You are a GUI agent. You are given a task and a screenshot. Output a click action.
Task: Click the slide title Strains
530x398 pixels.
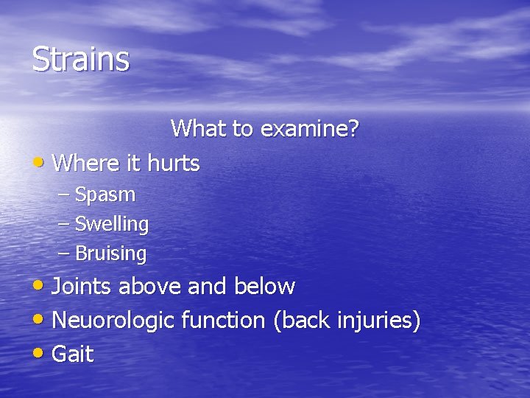coord(81,59)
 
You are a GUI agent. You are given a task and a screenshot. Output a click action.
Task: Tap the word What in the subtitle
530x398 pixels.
coord(199,129)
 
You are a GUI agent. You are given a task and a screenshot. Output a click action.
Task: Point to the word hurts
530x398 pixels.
coord(174,163)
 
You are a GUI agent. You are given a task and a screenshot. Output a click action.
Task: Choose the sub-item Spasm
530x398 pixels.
coord(105,195)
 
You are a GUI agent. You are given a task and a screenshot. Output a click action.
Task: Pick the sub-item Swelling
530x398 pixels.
coord(112,224)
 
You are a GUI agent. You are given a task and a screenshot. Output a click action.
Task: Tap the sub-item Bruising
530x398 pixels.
coord(111,254)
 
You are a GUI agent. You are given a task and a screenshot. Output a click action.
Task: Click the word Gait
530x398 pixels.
coord(74,355)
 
